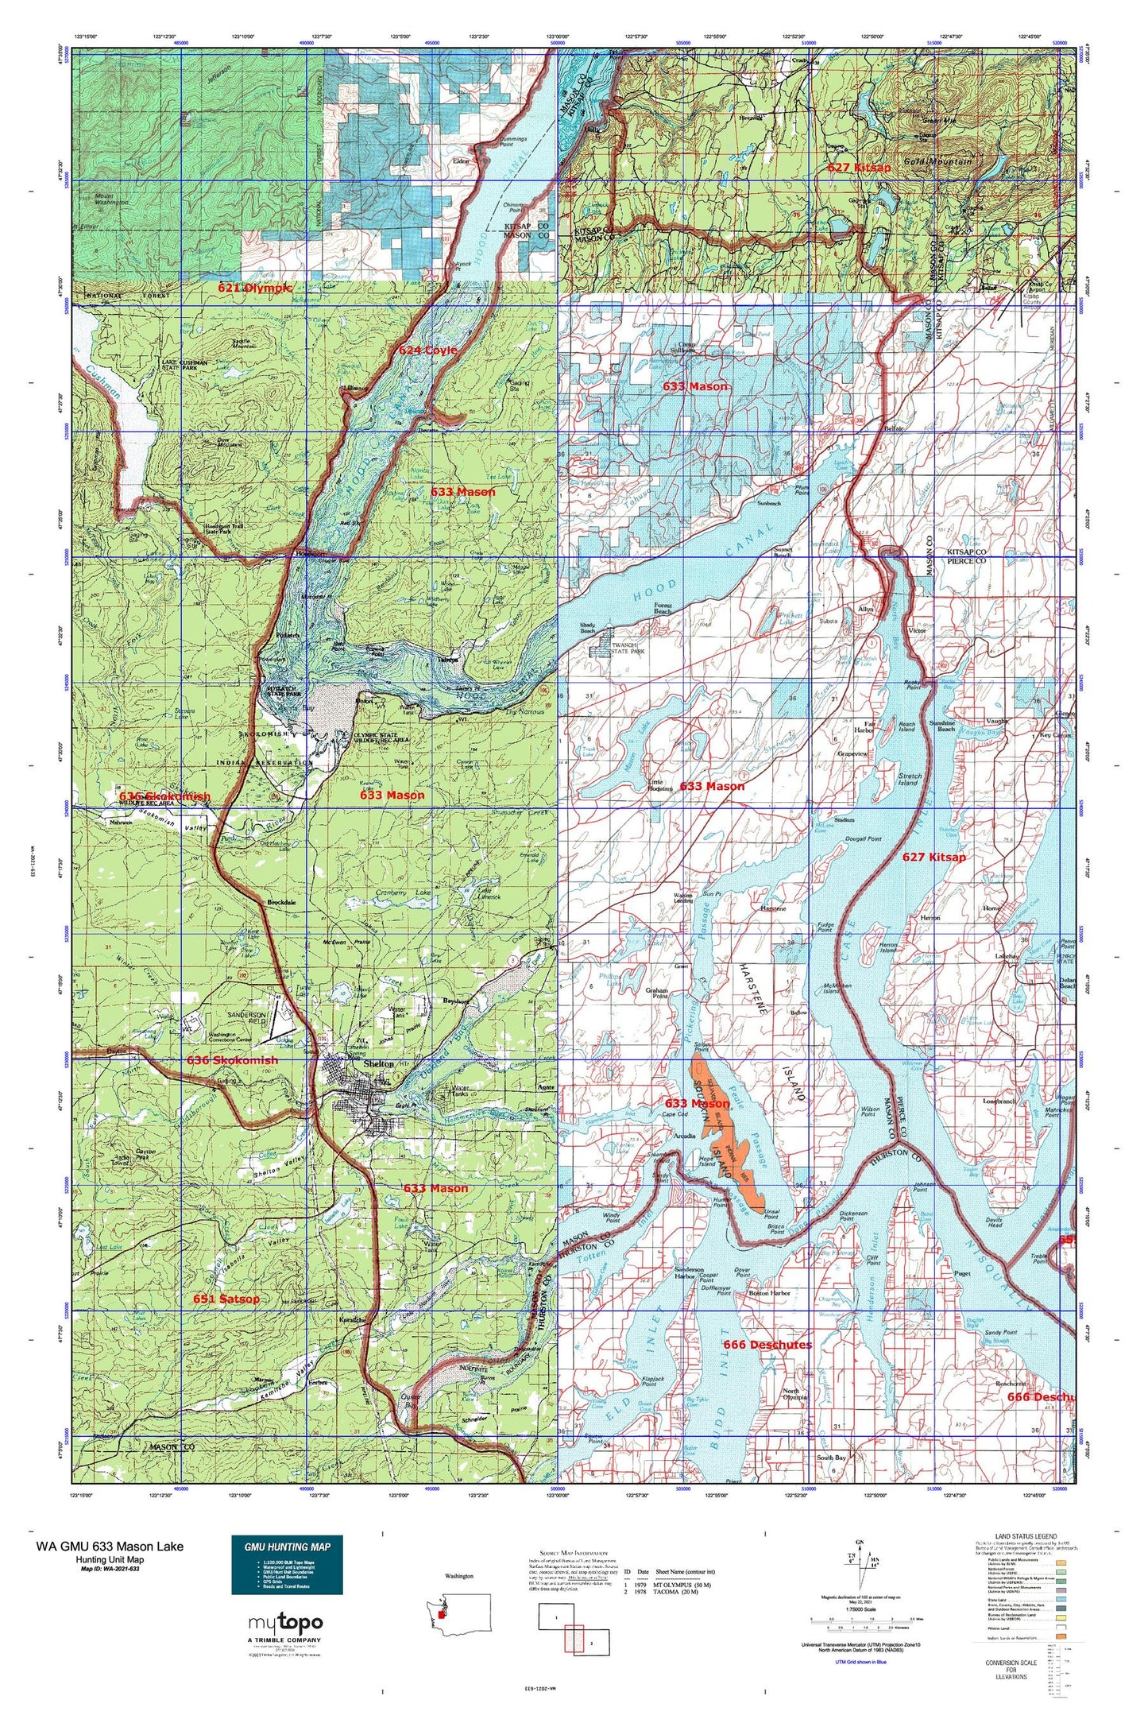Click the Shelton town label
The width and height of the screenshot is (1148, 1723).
click(378, 1063)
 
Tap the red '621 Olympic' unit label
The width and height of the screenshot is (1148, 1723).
click(255, 288)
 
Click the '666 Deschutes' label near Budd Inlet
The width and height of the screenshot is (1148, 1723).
click(767, 1345)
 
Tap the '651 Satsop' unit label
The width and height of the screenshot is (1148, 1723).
click(226, 1299)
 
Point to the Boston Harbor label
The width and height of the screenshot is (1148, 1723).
click(770, 1293)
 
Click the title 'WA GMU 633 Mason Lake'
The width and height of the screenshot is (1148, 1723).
click(110, 1546)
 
